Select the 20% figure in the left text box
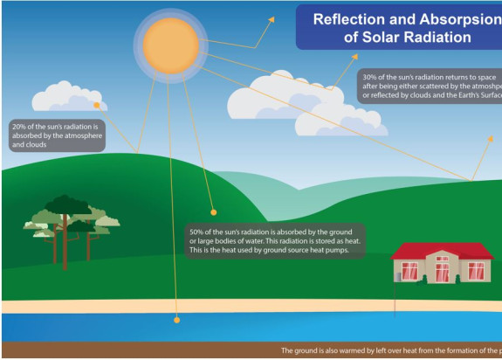click(x=18, y=128)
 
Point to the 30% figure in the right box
click(x=370, y=77)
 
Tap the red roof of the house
click(x=441, y=250)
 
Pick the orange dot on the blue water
click(x=176, y=320)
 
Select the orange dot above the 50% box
click(x=213, y=211)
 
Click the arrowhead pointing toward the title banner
click(x=272, y=18)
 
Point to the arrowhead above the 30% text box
click(x=355, y=56)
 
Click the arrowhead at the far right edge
click(x=491, y=138)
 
